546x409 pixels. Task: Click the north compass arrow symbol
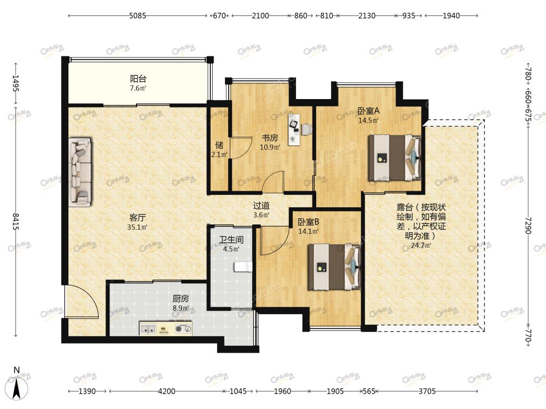pos(17,387)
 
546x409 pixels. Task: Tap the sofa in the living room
pos(81,171)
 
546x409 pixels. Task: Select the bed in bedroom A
pos(395,158)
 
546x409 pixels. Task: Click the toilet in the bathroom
pos(243,267)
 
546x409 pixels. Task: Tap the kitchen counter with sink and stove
pos(166,328)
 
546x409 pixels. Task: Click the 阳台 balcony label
pos(138,79)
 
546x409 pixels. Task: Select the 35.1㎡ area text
pos(137,227)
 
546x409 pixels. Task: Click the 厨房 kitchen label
pos(181,299)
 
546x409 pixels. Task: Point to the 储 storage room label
pos(219,145)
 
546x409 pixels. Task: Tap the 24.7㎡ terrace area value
pos(421,246)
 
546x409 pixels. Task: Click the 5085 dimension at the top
pos(138,15)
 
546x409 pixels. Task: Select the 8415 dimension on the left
pos(15,222)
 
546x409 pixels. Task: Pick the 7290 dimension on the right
pos(528,226)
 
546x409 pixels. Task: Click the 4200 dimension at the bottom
pos(166,391)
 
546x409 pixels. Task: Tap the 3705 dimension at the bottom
pos(427,391)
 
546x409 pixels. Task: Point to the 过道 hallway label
pos(261,206)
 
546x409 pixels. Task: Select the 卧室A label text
pos(368,111)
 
